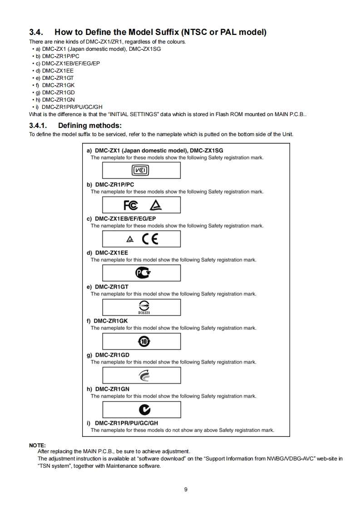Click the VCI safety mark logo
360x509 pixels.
coord(141,171)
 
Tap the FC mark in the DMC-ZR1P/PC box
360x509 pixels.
coord(131,205)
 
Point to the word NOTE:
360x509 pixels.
coord(37,445)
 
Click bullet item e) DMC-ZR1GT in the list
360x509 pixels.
coord(59,78)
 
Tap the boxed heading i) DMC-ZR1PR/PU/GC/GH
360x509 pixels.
coord(122,423)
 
